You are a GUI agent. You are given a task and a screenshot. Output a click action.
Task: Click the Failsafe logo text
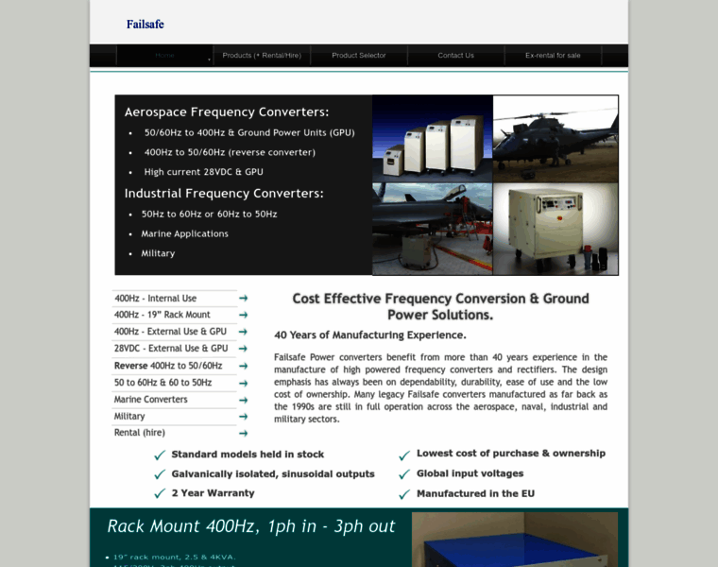145,24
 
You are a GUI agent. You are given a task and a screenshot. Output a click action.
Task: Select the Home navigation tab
164,56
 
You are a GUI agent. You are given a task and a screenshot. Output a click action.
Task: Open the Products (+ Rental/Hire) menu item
262,56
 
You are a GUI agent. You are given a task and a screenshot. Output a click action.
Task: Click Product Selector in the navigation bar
359,56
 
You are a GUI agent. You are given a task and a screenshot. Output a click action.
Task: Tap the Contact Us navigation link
455,56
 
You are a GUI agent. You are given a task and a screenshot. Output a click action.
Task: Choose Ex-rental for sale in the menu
553,56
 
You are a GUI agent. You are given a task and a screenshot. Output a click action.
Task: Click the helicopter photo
556,138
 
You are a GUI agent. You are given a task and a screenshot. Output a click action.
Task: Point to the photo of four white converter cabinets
433,138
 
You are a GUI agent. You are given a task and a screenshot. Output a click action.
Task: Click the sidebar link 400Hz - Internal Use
155,299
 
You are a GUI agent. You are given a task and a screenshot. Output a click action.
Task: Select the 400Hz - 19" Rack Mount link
162,315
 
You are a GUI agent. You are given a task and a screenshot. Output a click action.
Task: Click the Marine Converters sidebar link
150,400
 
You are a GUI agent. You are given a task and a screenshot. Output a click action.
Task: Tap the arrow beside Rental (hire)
243,433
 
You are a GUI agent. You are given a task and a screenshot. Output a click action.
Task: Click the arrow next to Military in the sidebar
243,416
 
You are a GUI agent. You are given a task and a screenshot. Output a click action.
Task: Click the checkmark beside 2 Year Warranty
160,493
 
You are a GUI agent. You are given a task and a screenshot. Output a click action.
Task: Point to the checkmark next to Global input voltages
404,474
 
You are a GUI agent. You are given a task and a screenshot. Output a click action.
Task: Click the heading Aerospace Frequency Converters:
227,112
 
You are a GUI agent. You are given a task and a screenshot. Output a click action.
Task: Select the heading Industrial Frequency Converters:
224,193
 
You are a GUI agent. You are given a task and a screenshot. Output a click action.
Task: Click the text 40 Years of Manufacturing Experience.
369,335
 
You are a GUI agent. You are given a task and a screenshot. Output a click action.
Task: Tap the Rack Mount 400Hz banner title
251,526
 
